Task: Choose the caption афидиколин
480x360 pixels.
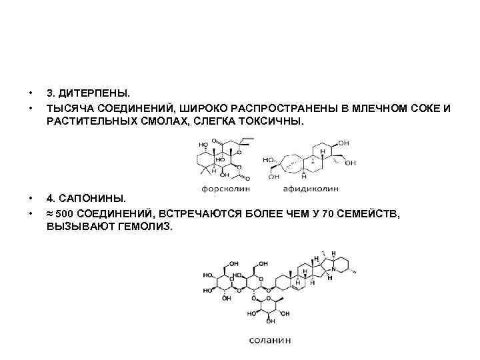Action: pos(311,189)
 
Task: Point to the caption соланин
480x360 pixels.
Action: pos(270,339)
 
